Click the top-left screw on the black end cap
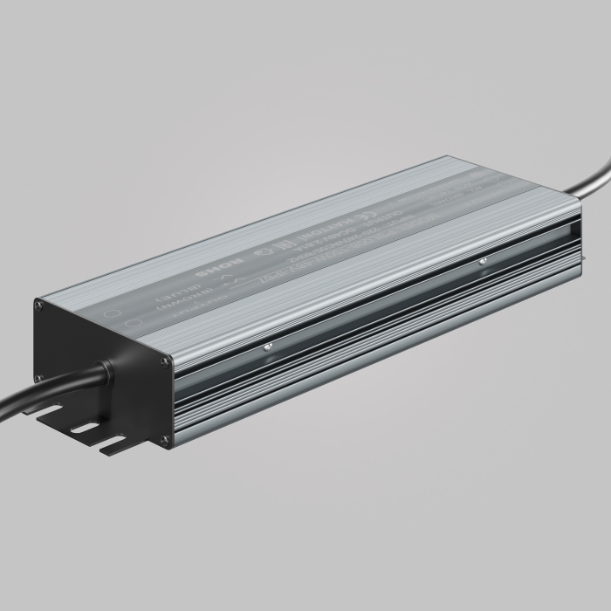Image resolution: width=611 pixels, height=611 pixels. (x=38, y=304)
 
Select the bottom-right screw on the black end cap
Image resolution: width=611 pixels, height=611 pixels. (x=164, y=441)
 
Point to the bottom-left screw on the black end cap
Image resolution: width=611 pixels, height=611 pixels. (x=38, y=377)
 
